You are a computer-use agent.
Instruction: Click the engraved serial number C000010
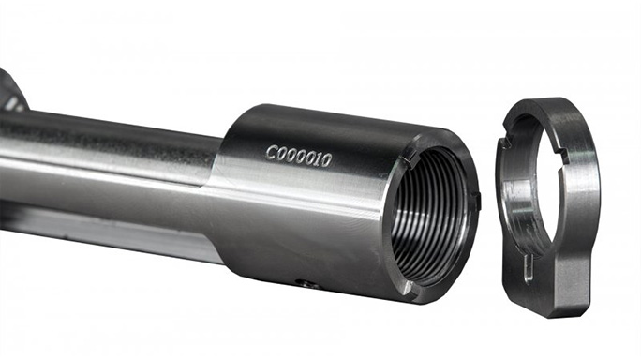[x=298, y=156]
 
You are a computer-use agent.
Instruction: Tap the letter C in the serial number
[x=272, y=153]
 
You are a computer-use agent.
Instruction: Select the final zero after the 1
[x=325, y=160]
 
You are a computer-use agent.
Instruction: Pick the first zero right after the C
[x=282, y=154]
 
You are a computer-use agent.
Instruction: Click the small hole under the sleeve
[x=305, y=283]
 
